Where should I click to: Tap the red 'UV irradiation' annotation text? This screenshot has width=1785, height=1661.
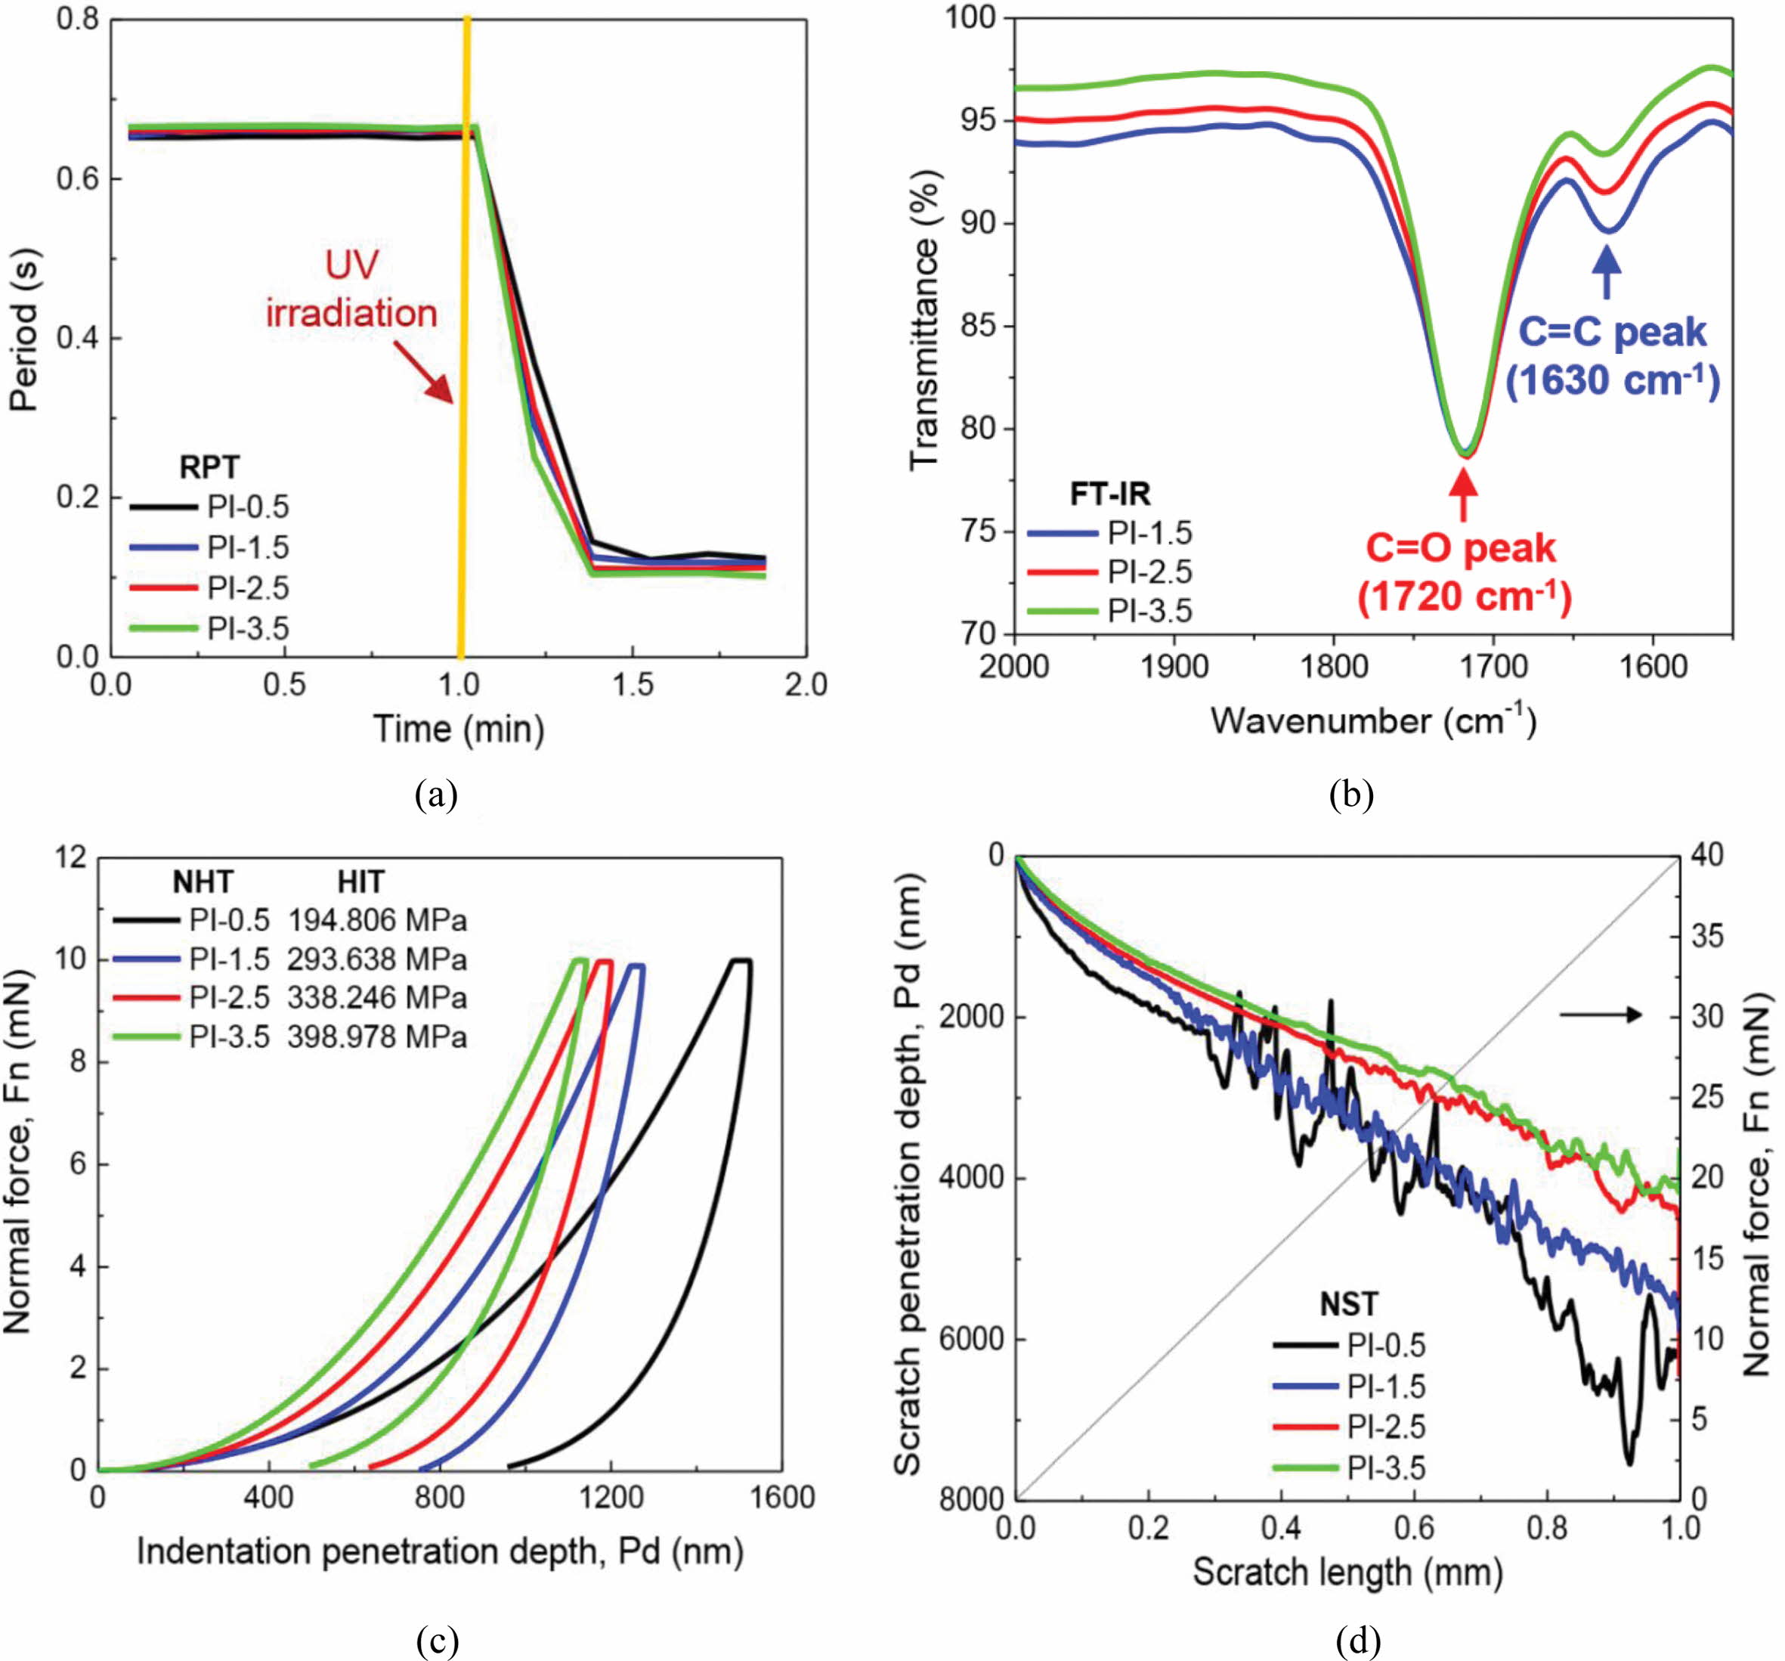point(351,290)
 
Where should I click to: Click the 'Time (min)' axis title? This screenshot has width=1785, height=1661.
point(459,730)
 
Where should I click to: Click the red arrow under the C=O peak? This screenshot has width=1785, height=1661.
point(1464,495)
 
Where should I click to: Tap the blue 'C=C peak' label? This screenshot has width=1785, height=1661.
point(1613,333)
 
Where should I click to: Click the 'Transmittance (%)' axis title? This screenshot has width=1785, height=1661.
point(924,324)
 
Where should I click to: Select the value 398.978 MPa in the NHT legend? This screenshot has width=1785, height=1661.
point(377,1037)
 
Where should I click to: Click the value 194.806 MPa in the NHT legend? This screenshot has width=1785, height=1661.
point(377,921)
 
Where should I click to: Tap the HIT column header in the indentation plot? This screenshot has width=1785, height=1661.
point(361,883)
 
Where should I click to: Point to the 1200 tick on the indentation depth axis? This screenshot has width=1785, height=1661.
point(611,1498)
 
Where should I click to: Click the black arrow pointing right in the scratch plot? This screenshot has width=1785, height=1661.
point(1600,1015)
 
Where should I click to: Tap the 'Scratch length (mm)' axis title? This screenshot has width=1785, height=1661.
point(1347,1572)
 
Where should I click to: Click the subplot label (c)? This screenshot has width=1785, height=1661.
point(438,1641)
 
